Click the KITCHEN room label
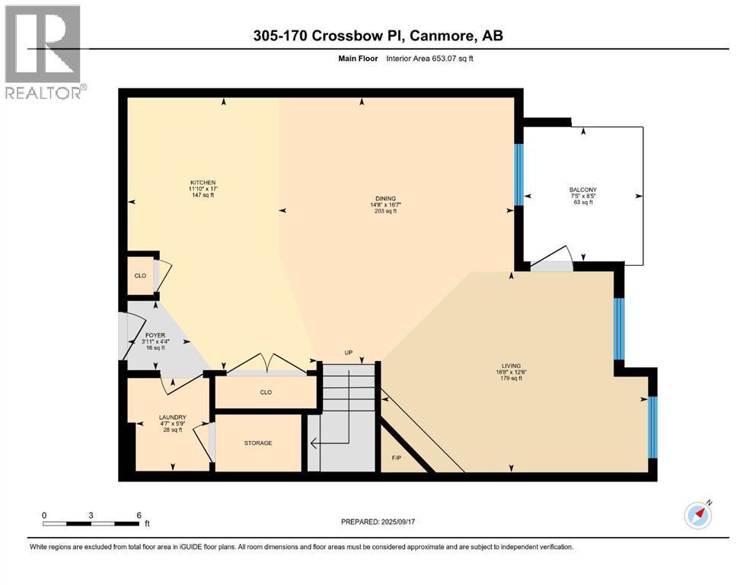[203, 183]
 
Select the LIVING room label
[510, 365]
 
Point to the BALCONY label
[582, 190]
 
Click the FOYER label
[155, 335]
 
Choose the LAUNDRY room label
[172, 417]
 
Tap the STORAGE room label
[258, 443]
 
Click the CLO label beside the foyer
[140, 275]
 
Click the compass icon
[698, 515]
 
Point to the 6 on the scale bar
[138, 515]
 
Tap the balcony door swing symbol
[555, 257]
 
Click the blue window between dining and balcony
[518, 174]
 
